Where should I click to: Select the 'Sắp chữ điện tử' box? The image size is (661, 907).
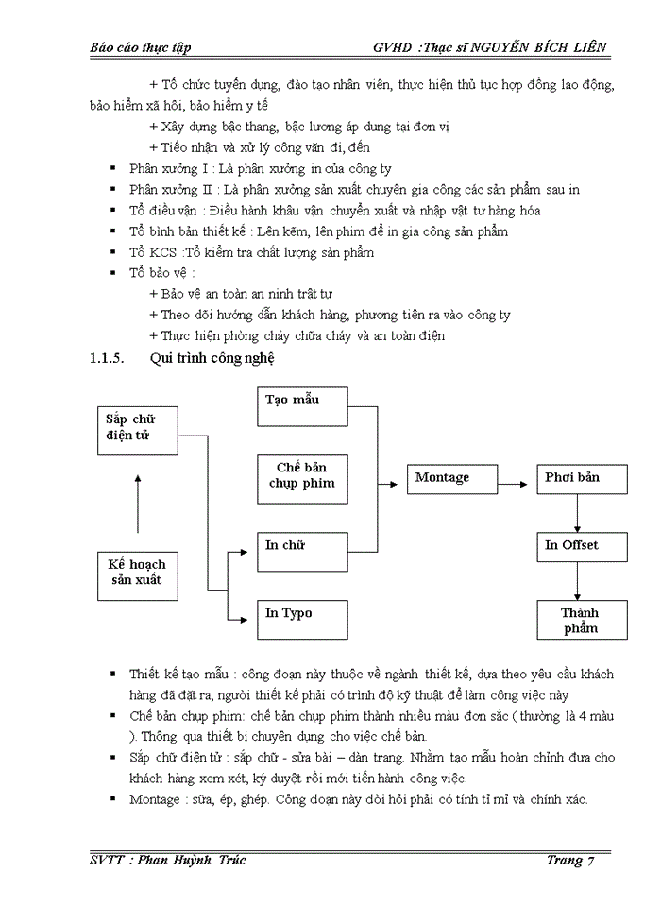(138, 428)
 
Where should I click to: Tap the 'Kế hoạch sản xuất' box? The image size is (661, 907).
(138, 573)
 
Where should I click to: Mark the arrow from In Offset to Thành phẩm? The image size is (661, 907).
(576, 584)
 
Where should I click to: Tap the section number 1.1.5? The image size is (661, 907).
(107, 359)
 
